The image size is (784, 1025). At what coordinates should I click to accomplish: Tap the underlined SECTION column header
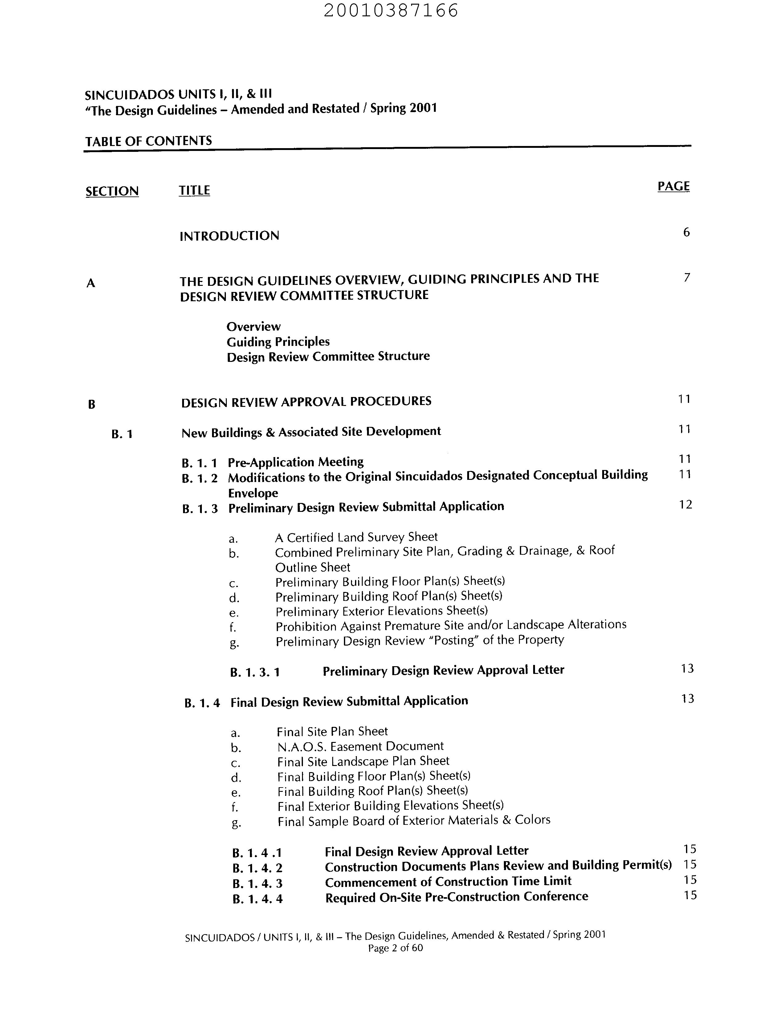[x=112, y=191]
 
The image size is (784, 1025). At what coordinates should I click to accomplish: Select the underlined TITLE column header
[x=194, y=190]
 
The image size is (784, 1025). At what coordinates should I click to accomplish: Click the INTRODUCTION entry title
[x=229, y=236]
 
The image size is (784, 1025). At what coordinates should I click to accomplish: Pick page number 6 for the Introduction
[x=686, y=232]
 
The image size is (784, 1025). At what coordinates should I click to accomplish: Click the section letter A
[x=91, y=283]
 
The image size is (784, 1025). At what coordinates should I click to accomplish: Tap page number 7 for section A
[x=687, y=278]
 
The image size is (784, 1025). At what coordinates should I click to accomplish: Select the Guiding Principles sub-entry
[x=278, y=342]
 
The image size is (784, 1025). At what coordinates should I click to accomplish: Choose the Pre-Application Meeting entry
[x=296, y=462]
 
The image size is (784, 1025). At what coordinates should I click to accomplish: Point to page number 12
[x=685, y=504]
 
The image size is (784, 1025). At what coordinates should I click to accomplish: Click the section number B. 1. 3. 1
[x=255, y=672]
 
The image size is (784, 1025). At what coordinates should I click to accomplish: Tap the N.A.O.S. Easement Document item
[x=360, y=747]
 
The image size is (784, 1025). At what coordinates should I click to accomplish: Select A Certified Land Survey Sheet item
[x=356, y=538]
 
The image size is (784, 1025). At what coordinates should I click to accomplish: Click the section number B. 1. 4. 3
[x=257, y=884]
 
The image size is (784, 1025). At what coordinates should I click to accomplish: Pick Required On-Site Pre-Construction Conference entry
[x=456, y=897]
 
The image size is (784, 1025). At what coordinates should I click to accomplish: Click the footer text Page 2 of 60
[x=395, y=948]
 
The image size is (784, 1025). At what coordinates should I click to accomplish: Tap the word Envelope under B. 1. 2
[x=253, y=493]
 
